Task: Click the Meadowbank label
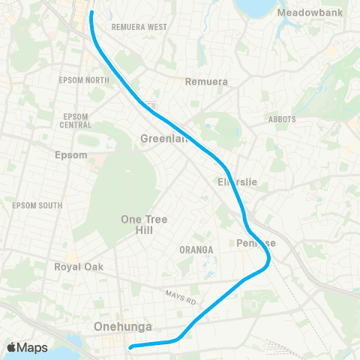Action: (308, 13)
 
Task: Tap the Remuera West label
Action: (139, 27)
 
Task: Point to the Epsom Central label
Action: (75, 121)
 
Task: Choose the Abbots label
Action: (282, 119)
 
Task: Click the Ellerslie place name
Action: (237, 181)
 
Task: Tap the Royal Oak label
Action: (78, 267)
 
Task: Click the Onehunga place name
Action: (124, 327)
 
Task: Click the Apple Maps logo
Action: (27, 347)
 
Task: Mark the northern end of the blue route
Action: (91, 13)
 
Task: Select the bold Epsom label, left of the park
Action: (72, 155)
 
